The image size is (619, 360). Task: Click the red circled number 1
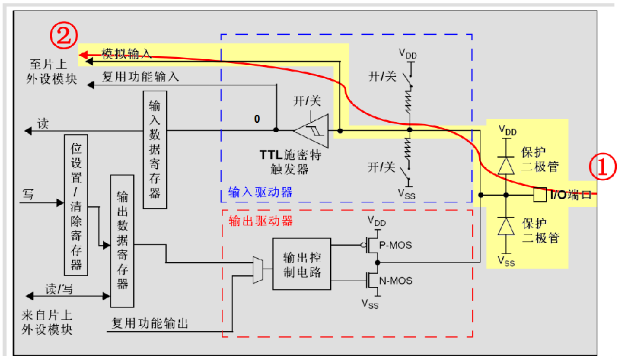pos(602,167)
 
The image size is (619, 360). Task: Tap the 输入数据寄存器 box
pos(154,149)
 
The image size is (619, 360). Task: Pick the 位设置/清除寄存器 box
pos(76,204)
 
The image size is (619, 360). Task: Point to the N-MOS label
pos(397,281)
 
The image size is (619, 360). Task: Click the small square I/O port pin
pos(540,195)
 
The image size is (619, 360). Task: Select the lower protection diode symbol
pos(506,226)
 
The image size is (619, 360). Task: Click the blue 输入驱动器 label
pos(260,192)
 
